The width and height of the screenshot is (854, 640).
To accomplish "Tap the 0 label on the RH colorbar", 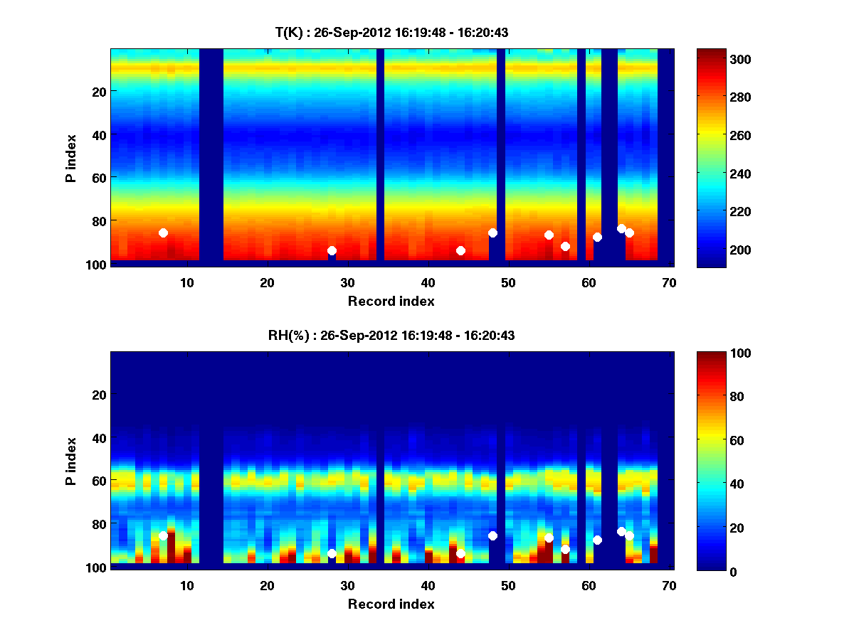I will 709,571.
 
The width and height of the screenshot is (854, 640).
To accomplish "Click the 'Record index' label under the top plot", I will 391,301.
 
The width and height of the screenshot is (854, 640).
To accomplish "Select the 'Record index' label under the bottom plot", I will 391,604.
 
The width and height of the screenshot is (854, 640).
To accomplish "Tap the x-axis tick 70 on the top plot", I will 669,282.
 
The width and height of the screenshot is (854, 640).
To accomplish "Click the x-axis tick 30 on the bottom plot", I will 348,585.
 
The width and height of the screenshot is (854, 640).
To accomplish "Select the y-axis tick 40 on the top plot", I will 98,134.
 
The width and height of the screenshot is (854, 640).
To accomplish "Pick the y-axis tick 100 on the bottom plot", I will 95,567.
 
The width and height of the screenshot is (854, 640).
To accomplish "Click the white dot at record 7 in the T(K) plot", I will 163,233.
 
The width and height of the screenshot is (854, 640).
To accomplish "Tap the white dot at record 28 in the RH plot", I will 332,553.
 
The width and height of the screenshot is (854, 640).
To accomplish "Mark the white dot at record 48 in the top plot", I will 492,233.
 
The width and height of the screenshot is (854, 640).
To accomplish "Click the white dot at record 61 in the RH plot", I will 597,540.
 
